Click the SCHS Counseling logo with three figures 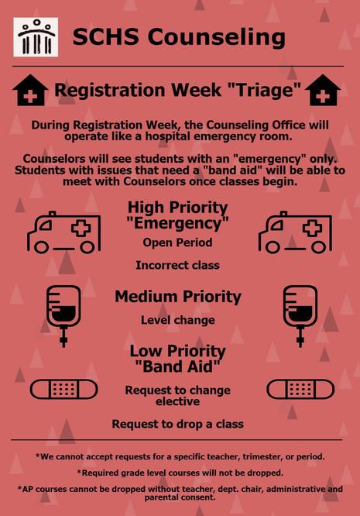click(36, 37)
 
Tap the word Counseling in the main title click(216, 37)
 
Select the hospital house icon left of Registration click(30, 90)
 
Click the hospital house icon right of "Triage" click(323, 90)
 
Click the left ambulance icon click(64, 232)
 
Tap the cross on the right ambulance click(312, 228)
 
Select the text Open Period click(177, 243)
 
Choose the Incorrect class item click(177, 265)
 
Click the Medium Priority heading click(178, 297)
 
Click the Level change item click(178, 320)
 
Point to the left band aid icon click(63, 389)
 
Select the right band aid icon click(300, 389)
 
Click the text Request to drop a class click(178, 424)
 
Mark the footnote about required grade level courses click(180, 473)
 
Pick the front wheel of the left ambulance click(41, 247)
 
